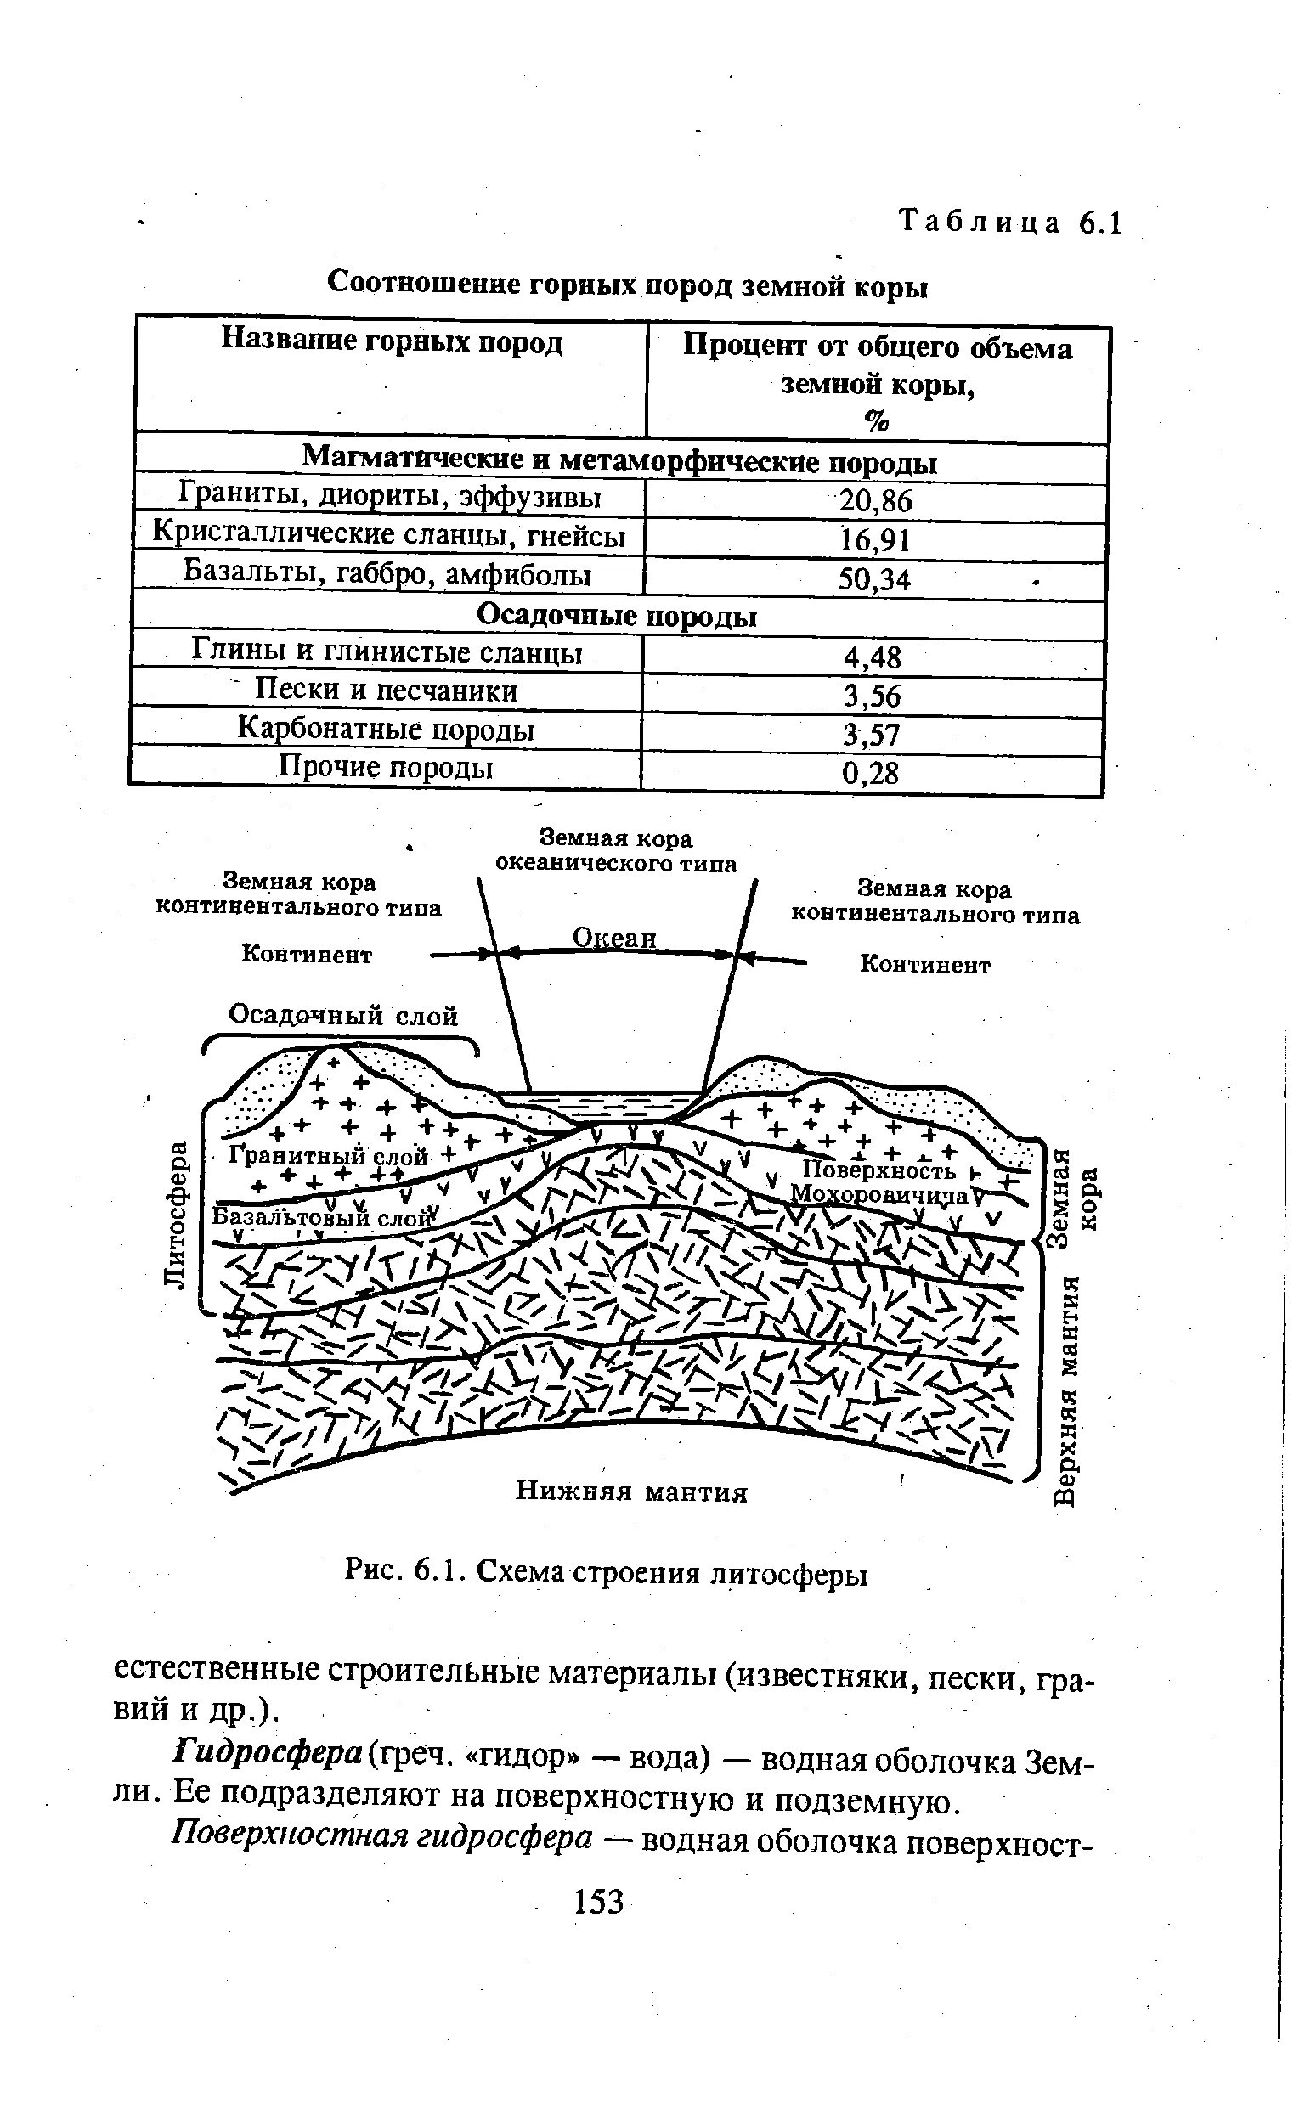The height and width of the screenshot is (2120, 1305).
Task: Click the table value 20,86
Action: click(875, 501)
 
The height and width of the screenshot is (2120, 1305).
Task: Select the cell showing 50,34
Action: click(874, 579)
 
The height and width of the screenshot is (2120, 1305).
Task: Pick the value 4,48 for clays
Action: click(873, 658)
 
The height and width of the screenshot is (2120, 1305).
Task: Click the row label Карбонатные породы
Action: click(386, 730)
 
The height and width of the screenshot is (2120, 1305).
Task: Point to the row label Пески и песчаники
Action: click(387, 691)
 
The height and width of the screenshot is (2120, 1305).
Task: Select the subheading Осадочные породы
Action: click(617, 616)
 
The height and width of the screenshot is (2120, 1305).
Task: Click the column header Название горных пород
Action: click(392, 342)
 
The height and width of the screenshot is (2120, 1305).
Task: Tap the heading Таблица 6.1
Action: click(1010, 223)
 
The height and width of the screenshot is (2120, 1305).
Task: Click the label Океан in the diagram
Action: click(614, 938)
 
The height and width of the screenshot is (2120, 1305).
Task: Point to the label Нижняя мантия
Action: click(631, 1491)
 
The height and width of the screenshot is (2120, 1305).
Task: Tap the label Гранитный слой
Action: click(328, 1155)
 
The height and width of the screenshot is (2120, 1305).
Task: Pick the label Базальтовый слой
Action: click(321, 1217)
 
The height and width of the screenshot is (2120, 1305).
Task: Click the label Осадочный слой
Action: click(342, 1016)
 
